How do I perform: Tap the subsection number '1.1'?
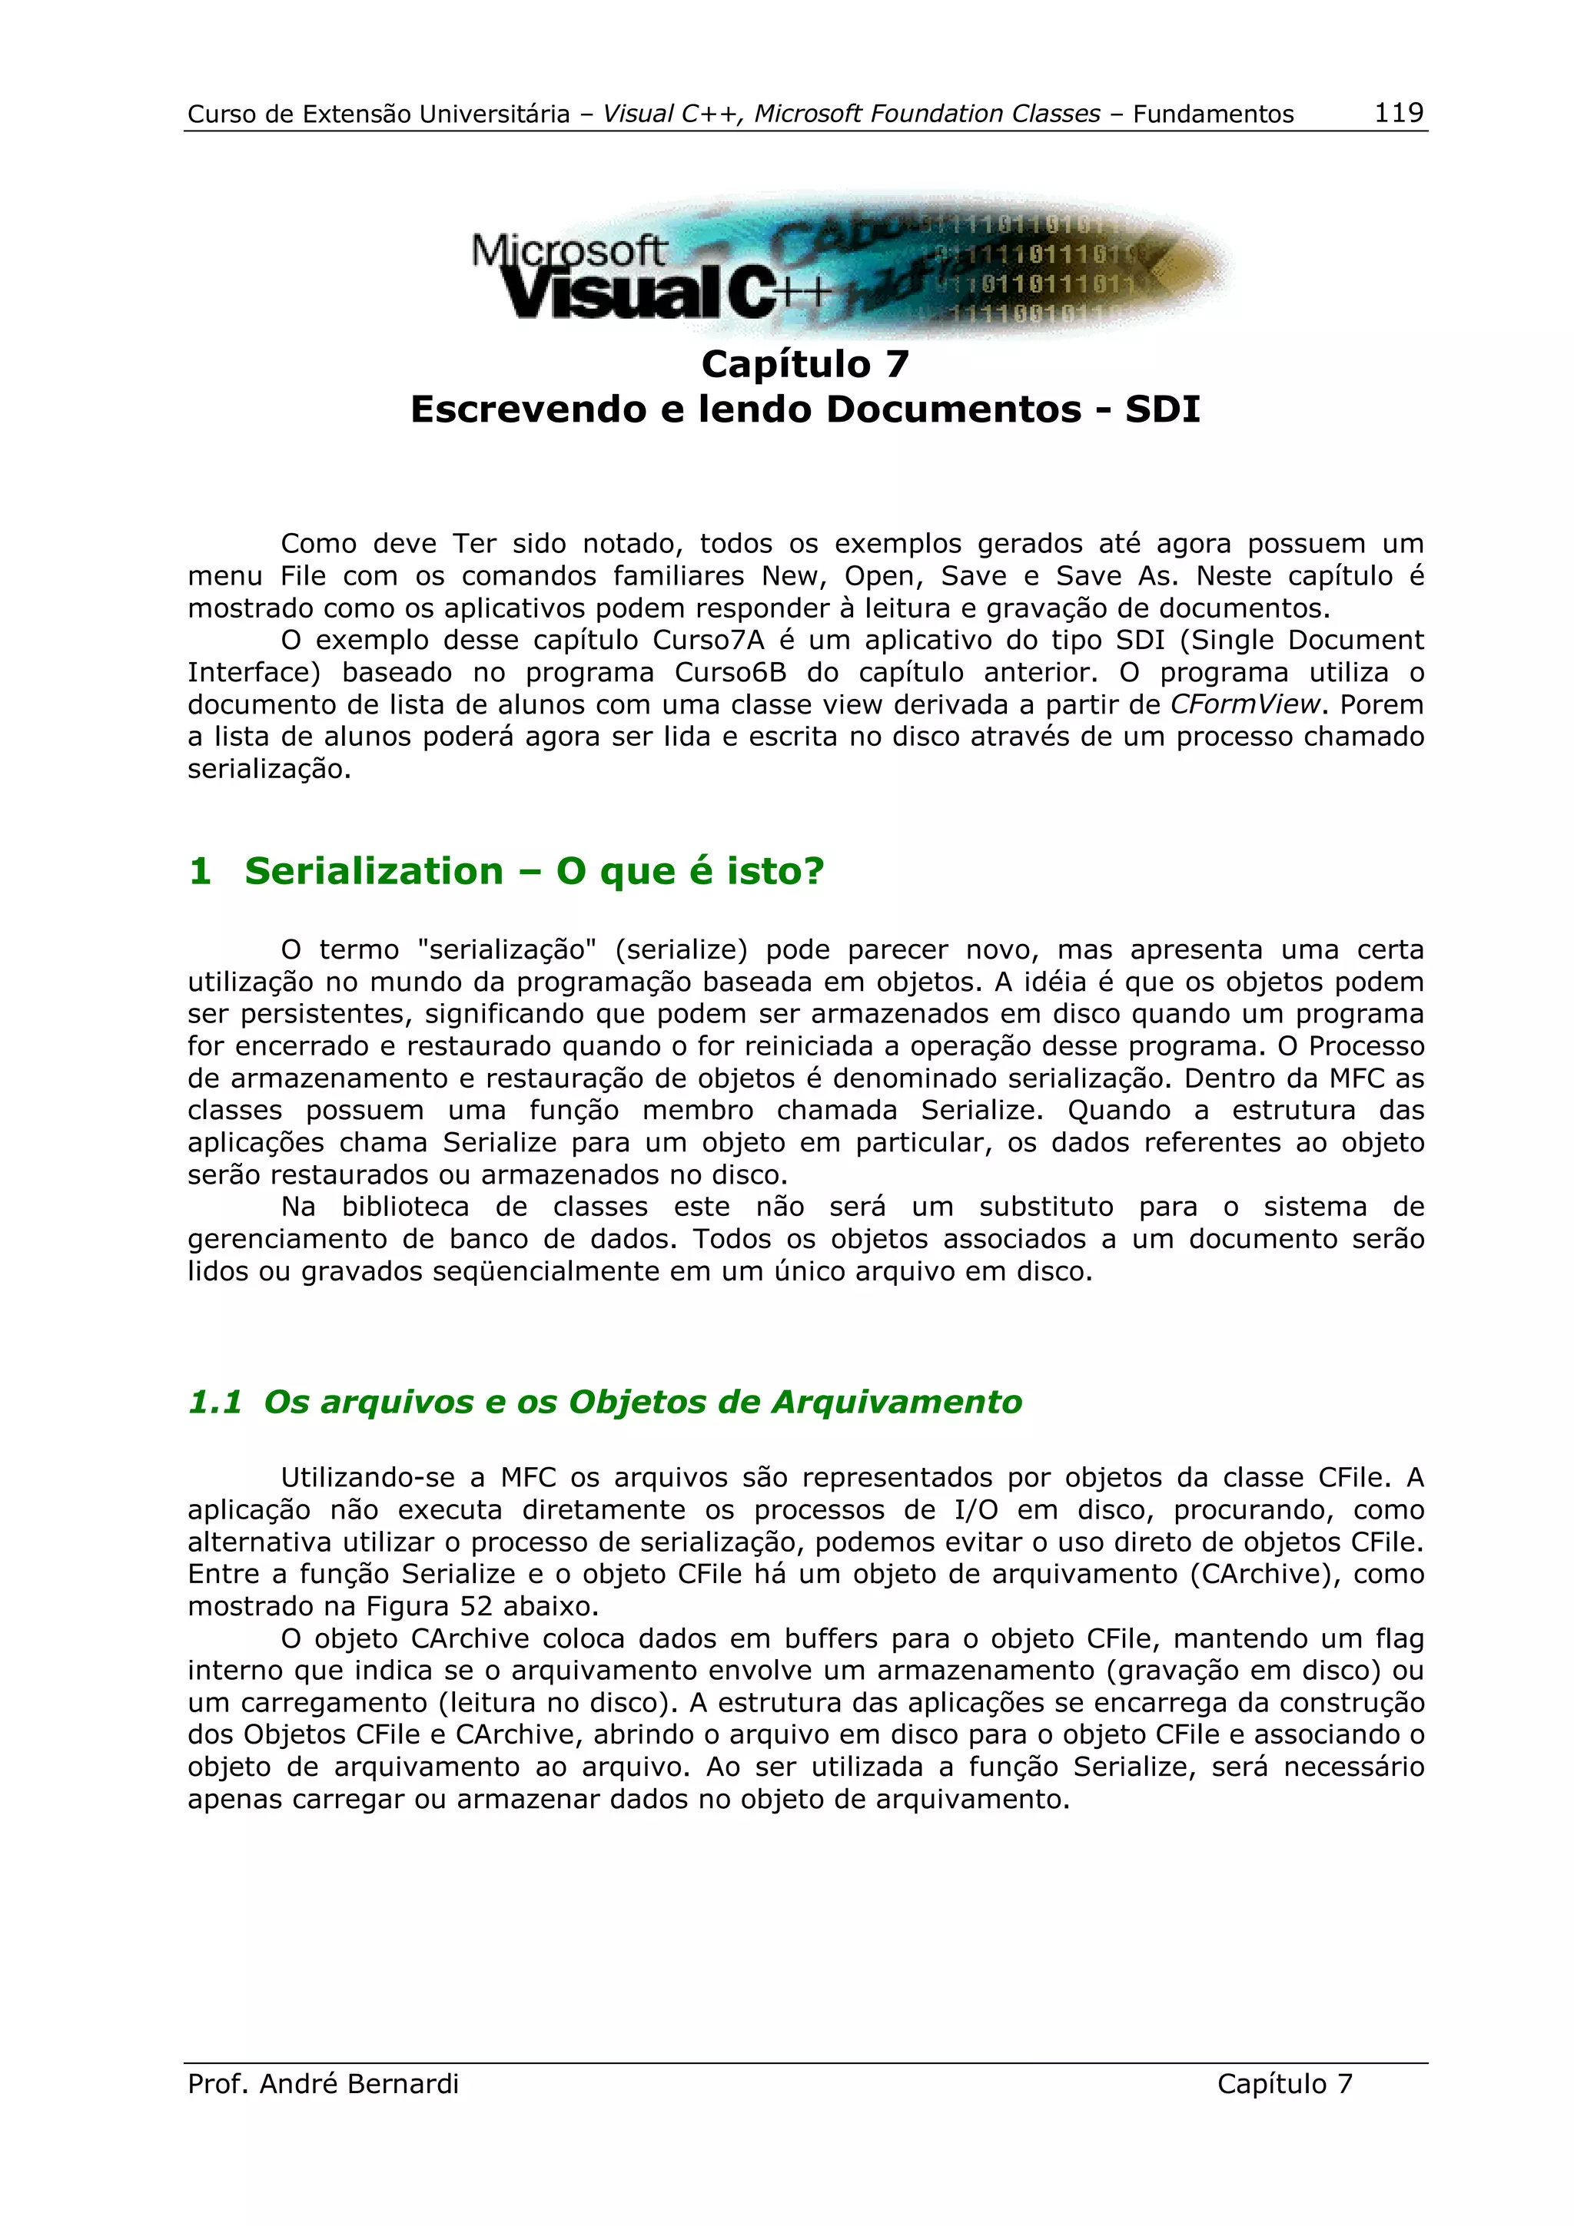(x=214, y=1401)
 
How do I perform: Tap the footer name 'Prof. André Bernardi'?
(x=323, y=2083)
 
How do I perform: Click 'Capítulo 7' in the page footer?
(x=1284, y=2083)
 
